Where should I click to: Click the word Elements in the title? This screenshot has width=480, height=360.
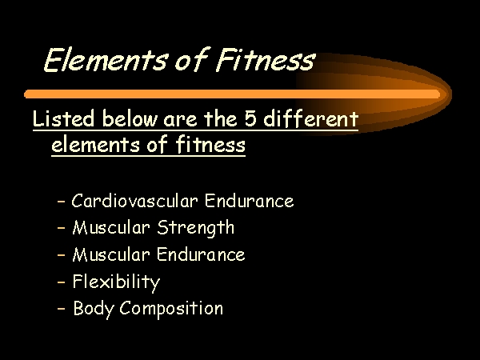point(106,60)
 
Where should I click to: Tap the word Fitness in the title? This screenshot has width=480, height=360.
point(266,60)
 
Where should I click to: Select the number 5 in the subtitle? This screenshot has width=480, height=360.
point(250,118)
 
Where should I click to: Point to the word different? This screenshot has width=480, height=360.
point(310,118)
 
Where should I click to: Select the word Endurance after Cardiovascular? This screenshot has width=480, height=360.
point(249,201)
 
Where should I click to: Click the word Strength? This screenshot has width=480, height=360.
point(196,228)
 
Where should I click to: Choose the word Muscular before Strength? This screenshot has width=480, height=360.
point(111,228)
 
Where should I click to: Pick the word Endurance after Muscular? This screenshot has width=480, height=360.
point(201,254)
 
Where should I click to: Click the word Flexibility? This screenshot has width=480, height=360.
point(116,282)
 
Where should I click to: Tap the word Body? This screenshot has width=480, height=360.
point(94,309)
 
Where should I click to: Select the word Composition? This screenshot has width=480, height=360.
point(171,309)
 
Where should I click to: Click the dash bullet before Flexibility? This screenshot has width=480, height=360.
point(62,282)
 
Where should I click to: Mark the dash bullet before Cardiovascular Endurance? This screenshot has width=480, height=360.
point(62,202)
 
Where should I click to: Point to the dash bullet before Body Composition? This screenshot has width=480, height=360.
point(62,309)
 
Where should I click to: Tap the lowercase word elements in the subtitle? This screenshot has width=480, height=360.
point(95,145)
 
